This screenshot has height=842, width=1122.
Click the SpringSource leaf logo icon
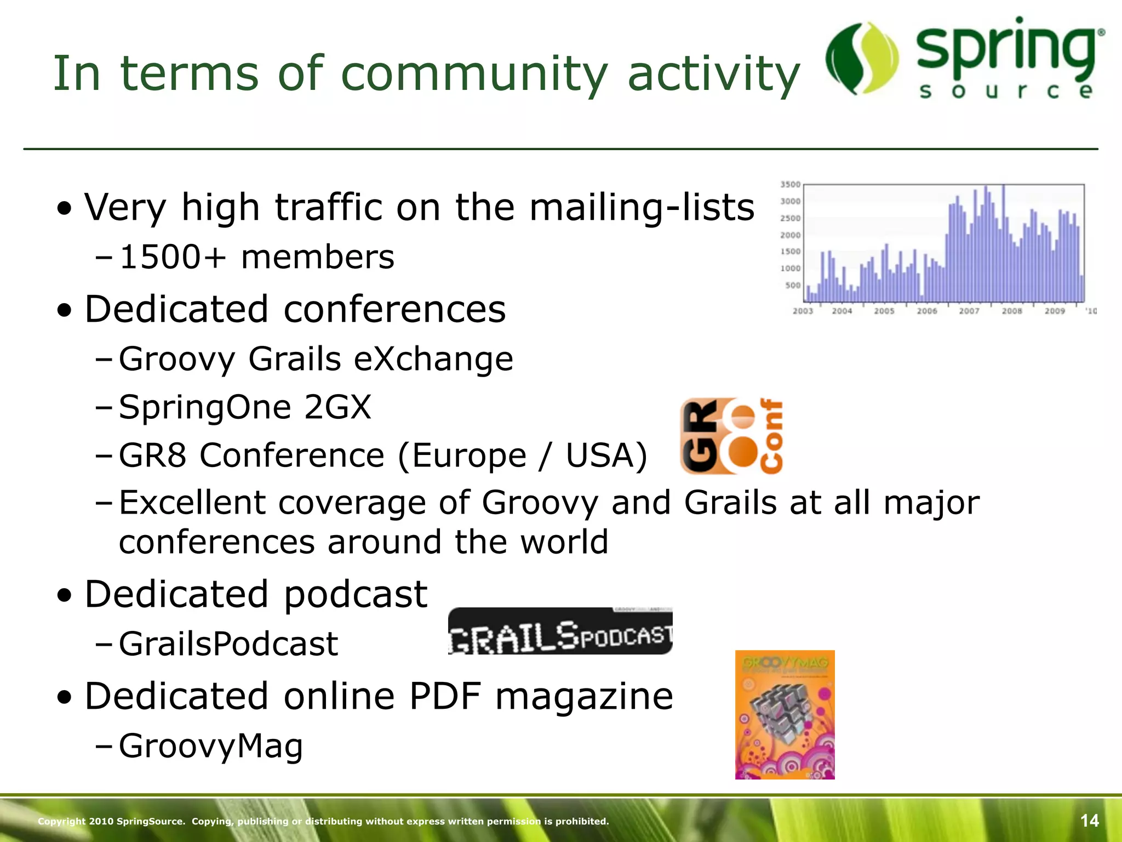pyautogui.click(x=861, y=59)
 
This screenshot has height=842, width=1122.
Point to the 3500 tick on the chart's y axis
pyautogui.click(x=790, y=184)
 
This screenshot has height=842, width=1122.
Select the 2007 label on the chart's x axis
pyautogui.click(x=969, y=311)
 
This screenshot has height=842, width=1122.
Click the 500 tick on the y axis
pyautogui.click(x=793, y=285)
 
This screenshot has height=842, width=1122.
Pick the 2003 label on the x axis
pyautogui.click(x=803, y=311)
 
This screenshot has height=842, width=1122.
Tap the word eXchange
pyautogui.click(x=433, y=359)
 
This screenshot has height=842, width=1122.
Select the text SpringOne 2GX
pyautogui.click(x=245, y=407)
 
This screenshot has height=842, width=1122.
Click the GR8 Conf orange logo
pyautogui.click(x=731, y=436)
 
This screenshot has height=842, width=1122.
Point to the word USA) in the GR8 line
pyautogui.click(x=606, y=456)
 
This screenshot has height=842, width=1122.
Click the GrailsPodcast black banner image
pyautogui.click(x=560, y=631)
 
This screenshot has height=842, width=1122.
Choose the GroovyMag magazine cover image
pyautogui.click(x=785, y=714)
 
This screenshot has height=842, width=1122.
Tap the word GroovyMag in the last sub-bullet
pyautogui.click(x=211, y=746)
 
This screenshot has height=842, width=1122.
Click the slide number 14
pyautogui.click(x=1089, y=821)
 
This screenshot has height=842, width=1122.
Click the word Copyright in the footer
pyautogui.click(x=61, y=821)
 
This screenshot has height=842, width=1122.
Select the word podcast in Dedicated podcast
pyautogui.click(x=356, y=595)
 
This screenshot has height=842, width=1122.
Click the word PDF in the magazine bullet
pyautogui.click(x=445, y=696)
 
